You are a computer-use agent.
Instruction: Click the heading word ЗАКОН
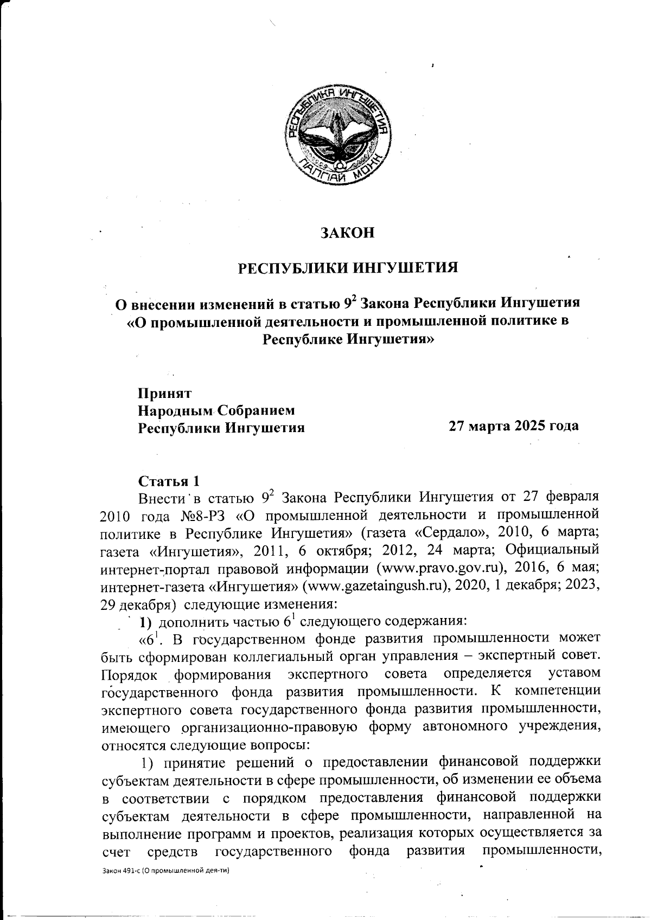pyautogui.click(x=348, y=233)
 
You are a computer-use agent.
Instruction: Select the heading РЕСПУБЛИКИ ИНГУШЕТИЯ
pyautogui.click(x=348, y=268)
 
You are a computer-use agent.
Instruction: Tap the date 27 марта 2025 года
pyautogui.click(x=513, y=426)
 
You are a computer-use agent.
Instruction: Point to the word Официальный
pyautogui.click(x=552, y=549)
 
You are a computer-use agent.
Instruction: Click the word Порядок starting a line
pyautogui.click(x=130, y=675)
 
